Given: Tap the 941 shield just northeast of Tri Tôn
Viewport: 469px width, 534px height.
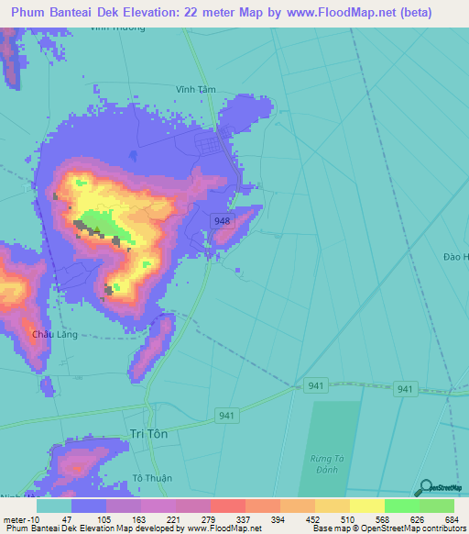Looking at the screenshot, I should (x=227, y=416).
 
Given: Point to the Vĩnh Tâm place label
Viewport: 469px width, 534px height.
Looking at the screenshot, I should (x=195, y=89).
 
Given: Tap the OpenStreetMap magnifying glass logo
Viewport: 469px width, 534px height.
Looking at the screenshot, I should (x=425, y=487).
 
